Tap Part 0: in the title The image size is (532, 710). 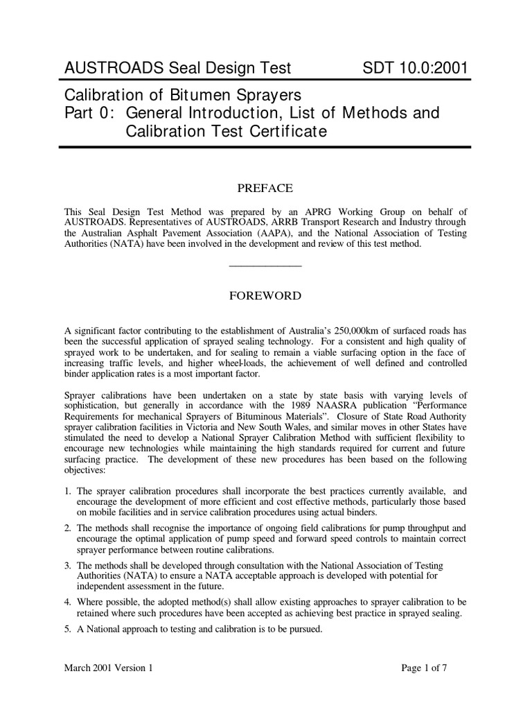tap(88, 112)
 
